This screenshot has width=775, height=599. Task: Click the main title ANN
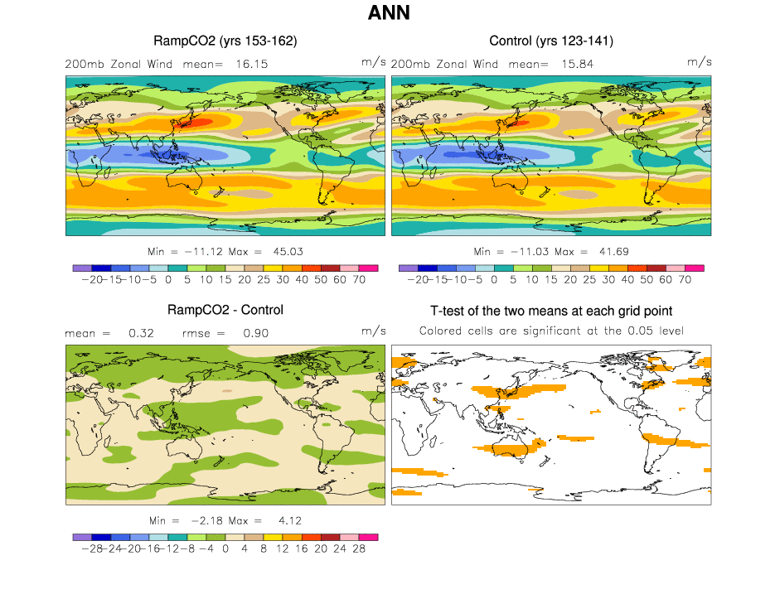click(388, 14)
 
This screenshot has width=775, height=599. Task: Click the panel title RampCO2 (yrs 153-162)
click(225, 41)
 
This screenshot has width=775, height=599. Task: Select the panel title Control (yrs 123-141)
click(551, 41)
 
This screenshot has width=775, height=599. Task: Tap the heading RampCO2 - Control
click(225, 310)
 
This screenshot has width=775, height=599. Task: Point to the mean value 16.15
click(250, 64)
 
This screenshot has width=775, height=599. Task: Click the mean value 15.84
click(576, 64)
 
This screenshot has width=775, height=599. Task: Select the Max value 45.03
click(280, 251)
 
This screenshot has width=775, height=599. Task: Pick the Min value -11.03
click(525, 251)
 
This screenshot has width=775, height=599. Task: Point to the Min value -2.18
click(203, 520)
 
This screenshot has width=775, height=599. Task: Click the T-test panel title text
click(551, 311)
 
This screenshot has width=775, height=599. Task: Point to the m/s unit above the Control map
click(699, 62)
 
